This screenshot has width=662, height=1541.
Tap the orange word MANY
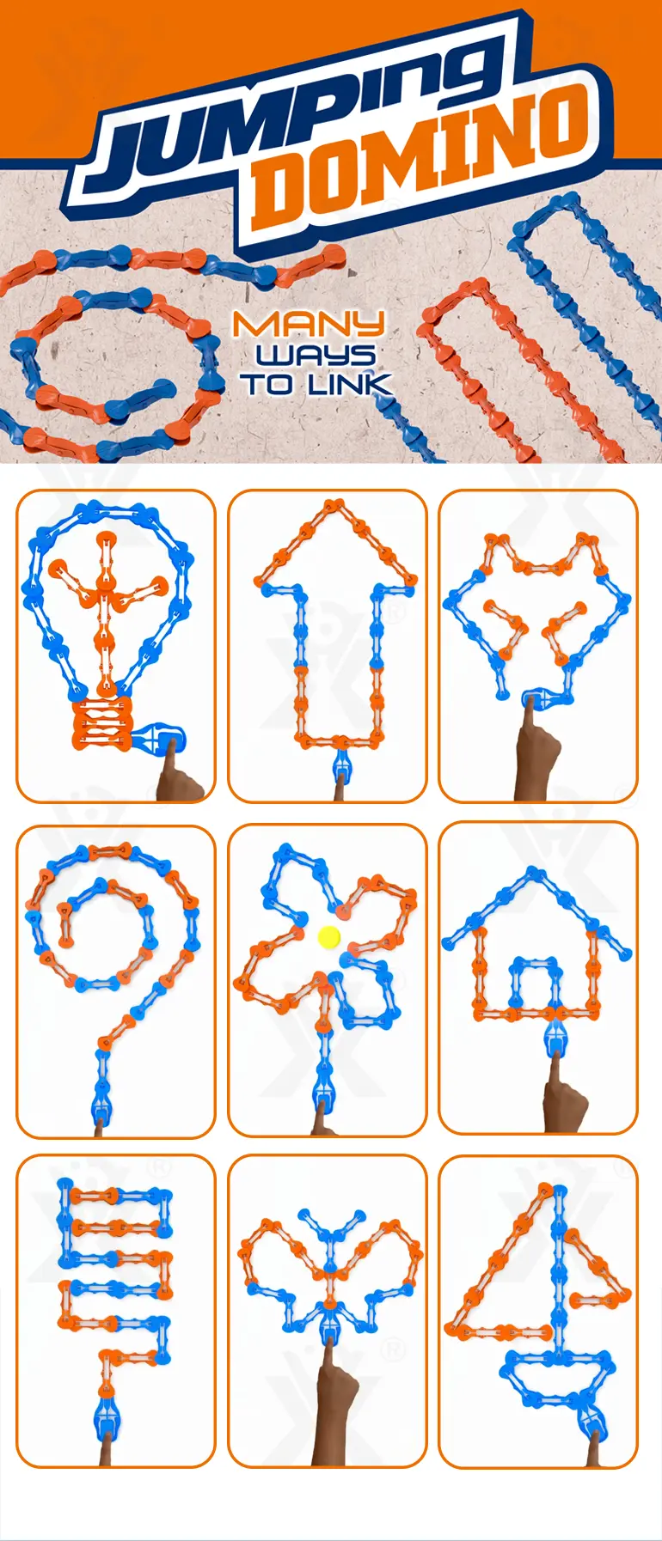click(309, 325)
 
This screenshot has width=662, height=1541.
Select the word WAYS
click(316, 354)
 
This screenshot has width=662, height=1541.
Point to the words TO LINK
click(316, 383)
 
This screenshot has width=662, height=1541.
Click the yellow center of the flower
click(329, 937)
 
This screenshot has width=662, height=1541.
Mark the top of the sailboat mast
click(544, 1190)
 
